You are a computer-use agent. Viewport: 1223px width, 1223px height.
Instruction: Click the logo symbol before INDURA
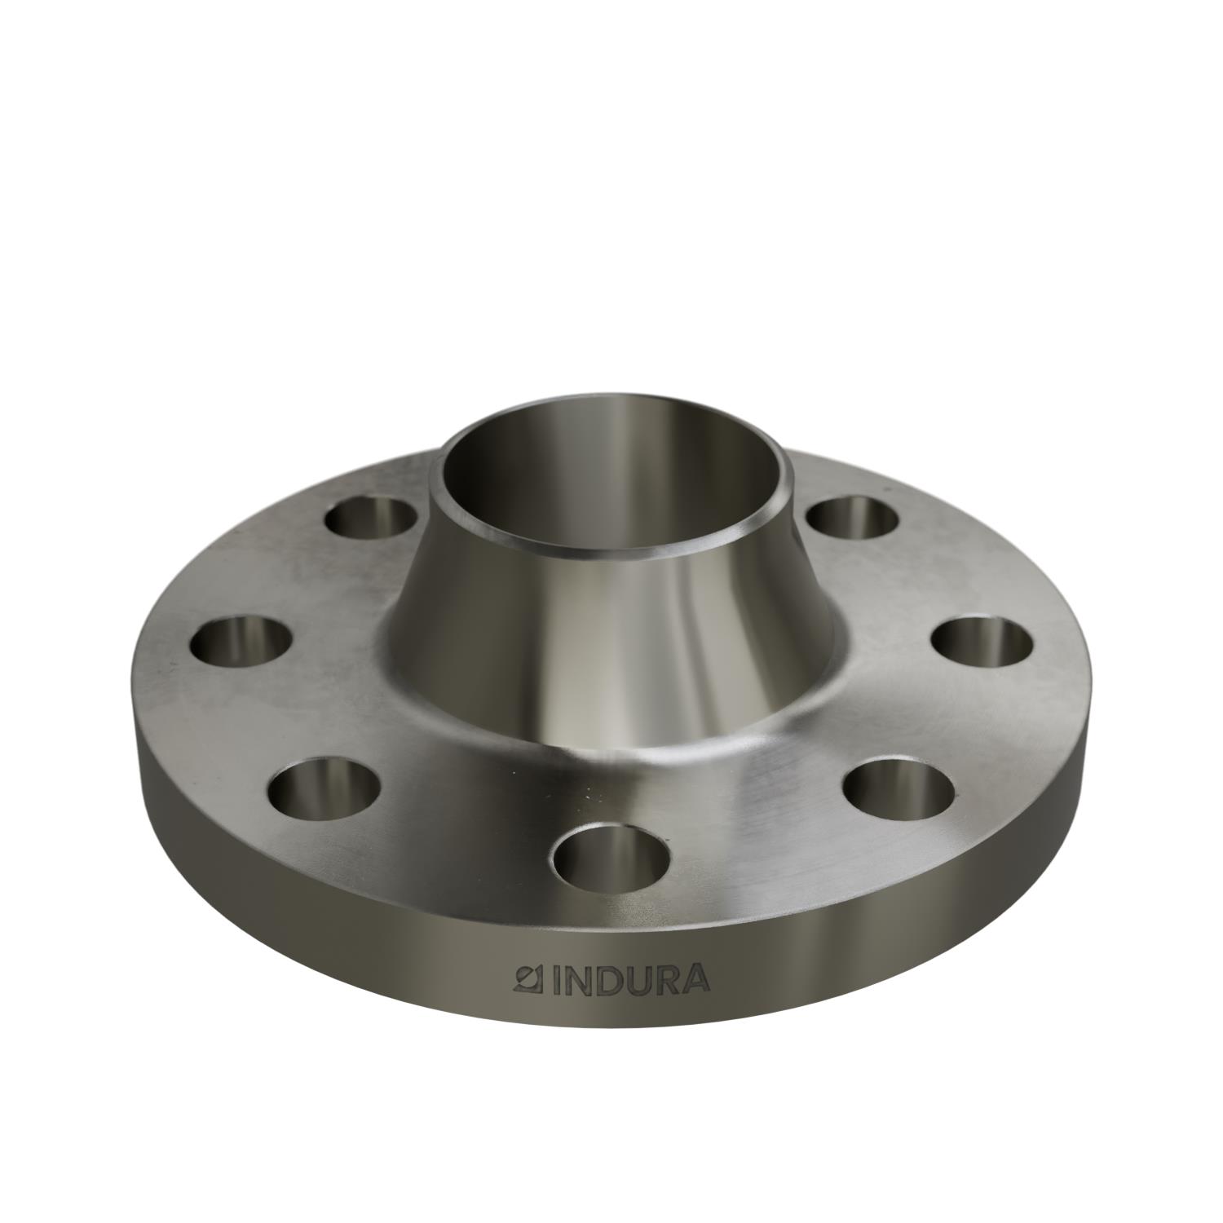coord(531,978)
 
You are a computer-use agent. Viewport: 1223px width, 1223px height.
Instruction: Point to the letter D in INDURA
coord(606,980)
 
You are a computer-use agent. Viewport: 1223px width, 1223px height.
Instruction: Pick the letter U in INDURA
coord(634,980)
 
